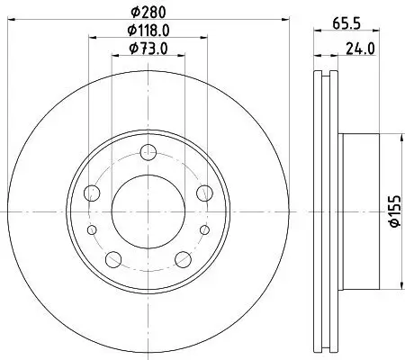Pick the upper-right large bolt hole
(x=204, y=192)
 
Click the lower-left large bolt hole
(x=113, y=259)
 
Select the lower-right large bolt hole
(x=184, y=259)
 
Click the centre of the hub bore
(x=148, y=210)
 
